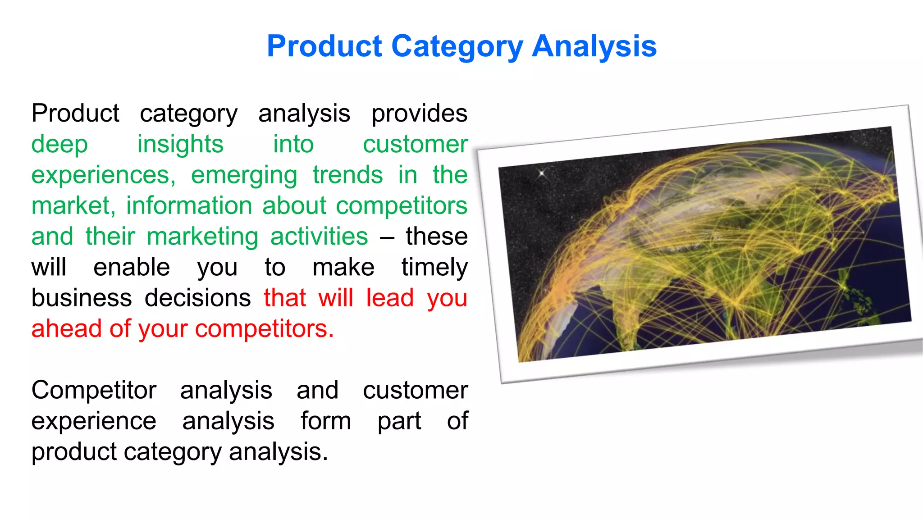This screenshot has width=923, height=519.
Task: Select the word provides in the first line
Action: (419, 114)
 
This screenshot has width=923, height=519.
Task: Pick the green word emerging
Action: (244, 176)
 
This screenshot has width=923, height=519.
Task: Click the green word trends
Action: (347, 175)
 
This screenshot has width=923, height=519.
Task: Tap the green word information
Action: (189, 206)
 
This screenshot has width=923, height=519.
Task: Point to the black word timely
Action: (434, 268)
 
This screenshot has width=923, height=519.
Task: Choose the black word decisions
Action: (197, 298)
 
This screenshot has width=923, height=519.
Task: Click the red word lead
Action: (389, 298)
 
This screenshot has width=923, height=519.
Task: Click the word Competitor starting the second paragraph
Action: (94, 390)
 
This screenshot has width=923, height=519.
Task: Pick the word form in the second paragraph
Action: (325, 421)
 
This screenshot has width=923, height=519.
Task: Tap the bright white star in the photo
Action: (542, 173)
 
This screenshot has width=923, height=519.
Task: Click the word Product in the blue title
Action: (324, 46)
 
